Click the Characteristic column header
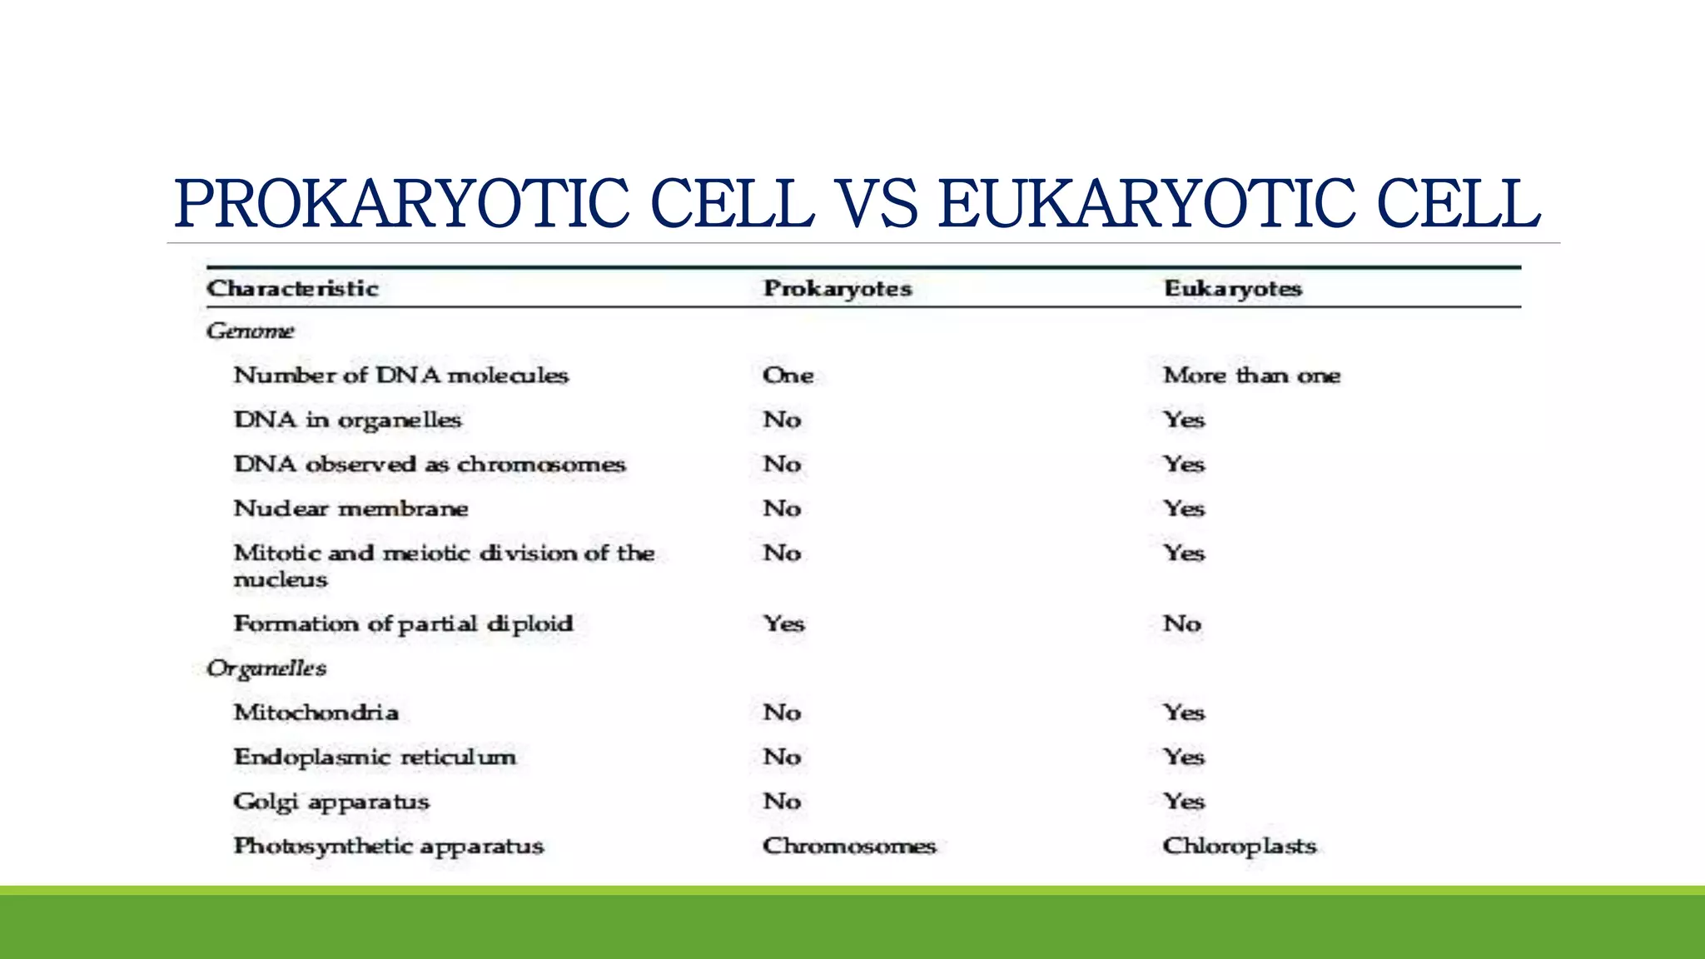tap(292, 289)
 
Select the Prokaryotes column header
tap(838, 289)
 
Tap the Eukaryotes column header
tap(1232, 289)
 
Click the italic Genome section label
tap(250, 331)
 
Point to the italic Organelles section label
tap(266, 668)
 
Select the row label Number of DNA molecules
tap(400, 375)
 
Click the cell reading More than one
tap(1251, 375)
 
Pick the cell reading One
tap(788, 375)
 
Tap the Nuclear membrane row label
tap(350, 509)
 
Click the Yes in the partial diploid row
tap(783, 624)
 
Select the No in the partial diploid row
tap(1181, 624)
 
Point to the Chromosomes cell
tap(849, 847)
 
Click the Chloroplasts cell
tap(1239, 847)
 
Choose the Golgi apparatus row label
tap(331, 802)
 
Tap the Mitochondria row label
tap(316, 713)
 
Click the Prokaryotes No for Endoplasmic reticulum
tap(782, 758)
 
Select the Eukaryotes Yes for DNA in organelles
tap(1184, 420)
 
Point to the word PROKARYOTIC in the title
tap(401, 204)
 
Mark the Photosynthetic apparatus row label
tap(388, 847)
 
